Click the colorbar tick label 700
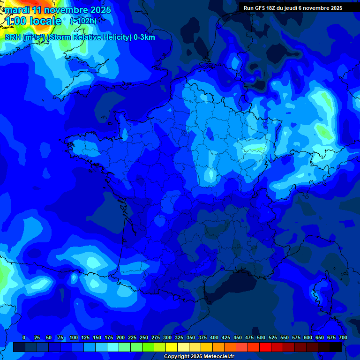[343, 337]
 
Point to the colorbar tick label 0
[24, 337]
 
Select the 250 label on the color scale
[144, 337]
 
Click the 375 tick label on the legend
[202, 337]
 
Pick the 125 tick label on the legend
[85, 337]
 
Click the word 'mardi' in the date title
[16, 10]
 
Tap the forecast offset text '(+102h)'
[83, 21]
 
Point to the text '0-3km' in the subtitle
[144, 37]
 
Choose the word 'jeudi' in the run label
[300, 8]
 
